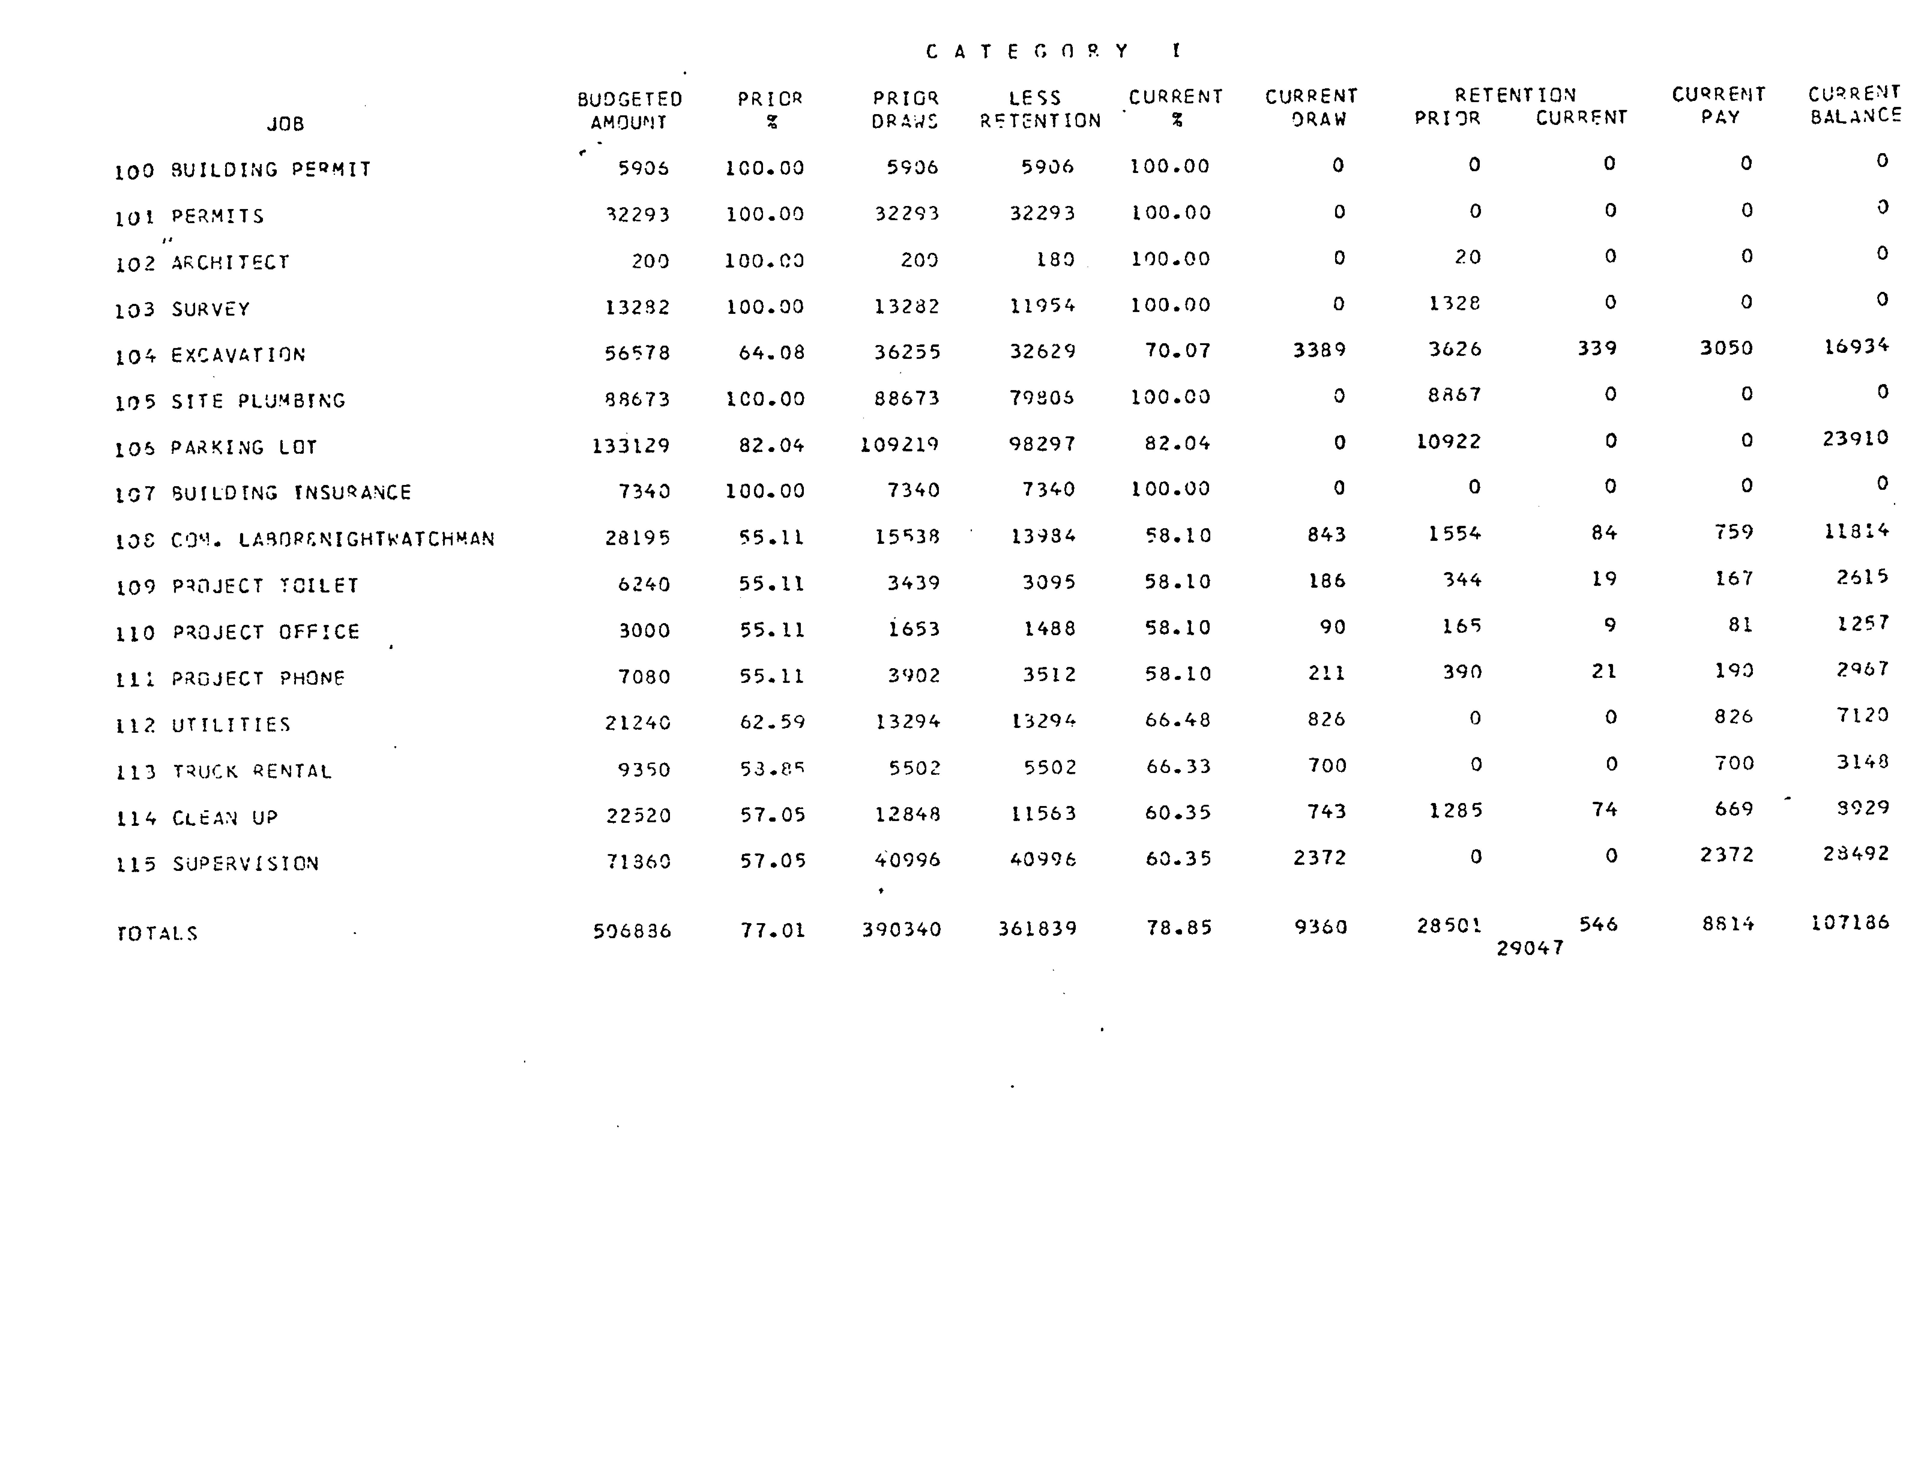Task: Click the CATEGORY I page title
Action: point(1054,51)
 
